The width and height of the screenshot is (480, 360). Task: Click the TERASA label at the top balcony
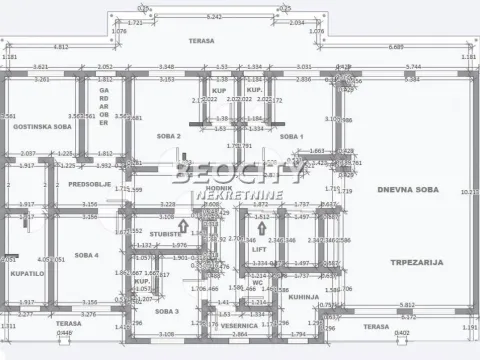pyautogui.click(x=206, y=41)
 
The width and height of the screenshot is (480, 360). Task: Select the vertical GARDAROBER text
pyautogui.click(x=103, y=103)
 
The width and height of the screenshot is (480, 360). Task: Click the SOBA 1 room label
pyautogui.click(x=290, y=135)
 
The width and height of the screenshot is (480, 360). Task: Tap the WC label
pyautogui.click(x=257, y=282)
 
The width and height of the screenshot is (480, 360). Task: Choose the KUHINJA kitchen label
pyautogui.click(x=305, y=297)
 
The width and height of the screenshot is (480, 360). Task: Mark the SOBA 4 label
pyautogui.click(x=87, y=255)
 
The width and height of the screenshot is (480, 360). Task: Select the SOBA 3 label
pyautogui.click(x=167, y=311)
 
